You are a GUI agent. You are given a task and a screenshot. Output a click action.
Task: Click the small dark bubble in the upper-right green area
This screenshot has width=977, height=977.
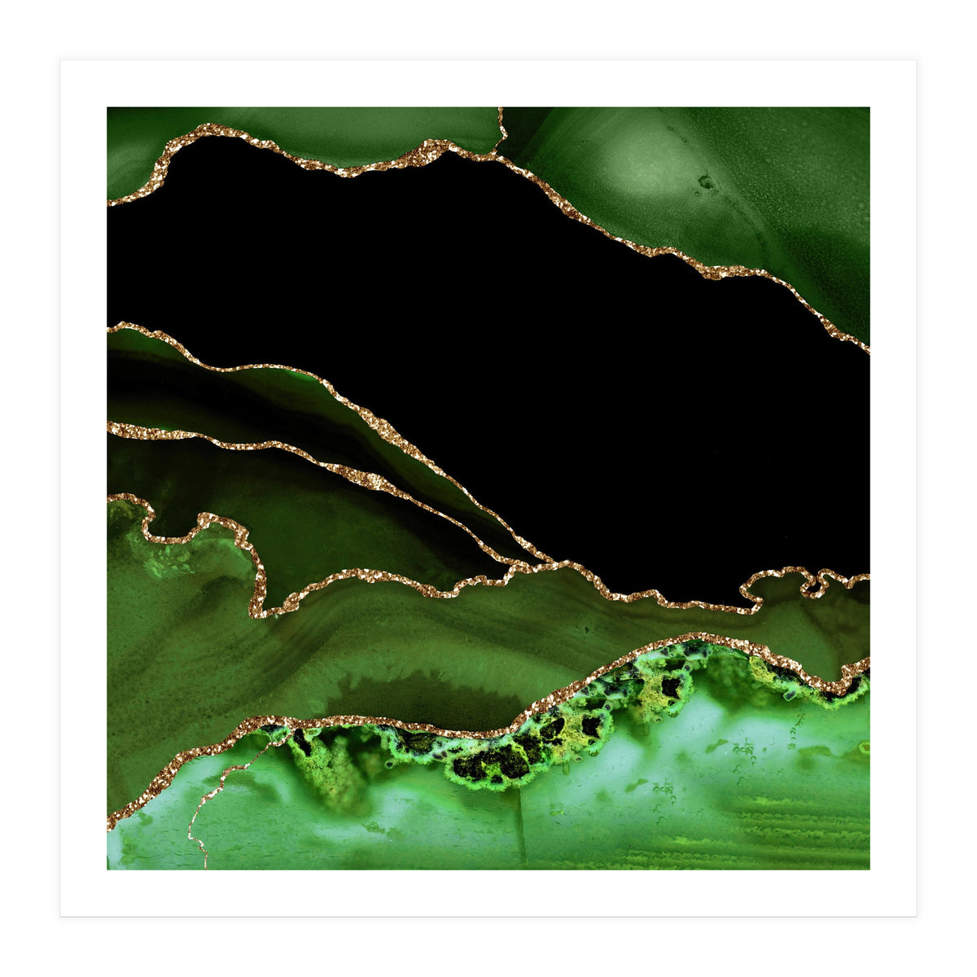point(705,182)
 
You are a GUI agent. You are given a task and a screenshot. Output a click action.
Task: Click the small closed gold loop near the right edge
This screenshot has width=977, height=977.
point(811,581)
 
